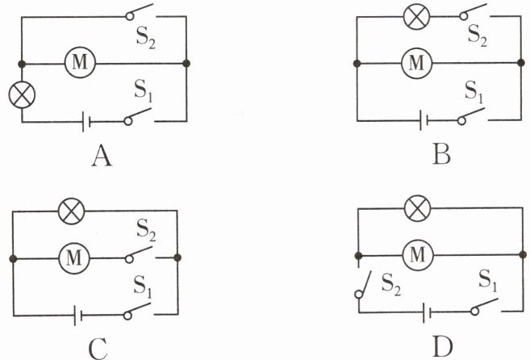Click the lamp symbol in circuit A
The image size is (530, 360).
pyautogui.click(x=21, y=95)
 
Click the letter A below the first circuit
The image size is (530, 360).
pyautogui.click(x=101, y=155)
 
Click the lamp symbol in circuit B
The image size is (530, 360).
pyautogui.click(x=416, y=18)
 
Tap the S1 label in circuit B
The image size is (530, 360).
pyautogui.click(x=474, y=92)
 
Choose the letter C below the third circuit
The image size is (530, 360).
pyautogui.click(x=98, y=348)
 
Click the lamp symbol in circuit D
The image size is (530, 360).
pyautogui.click(x=416, y=210)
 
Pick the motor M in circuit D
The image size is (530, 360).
pyautogui.click(x=416, y=255)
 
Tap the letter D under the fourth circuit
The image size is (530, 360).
pyautogui.click(x=441, y=347)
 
